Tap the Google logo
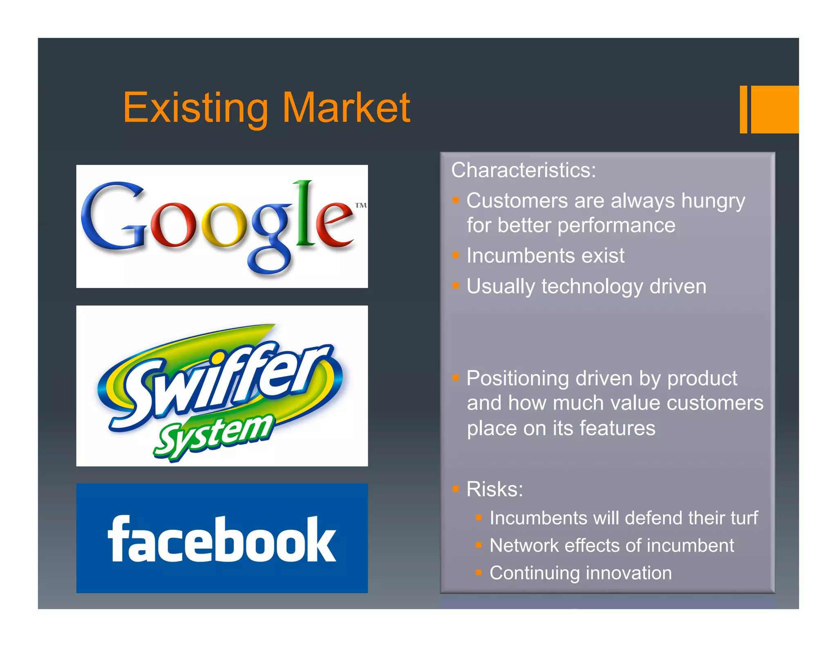coord(222,226)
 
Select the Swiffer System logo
coord(222,385)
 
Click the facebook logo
coord(222,538)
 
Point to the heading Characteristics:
coord(523,170)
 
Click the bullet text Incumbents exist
coord(545,256)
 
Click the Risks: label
coord(495,489)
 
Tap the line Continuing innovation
coord(580,573)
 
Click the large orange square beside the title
coord(774,109)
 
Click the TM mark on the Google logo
coord(360,205)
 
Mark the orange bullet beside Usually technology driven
coord(456,285)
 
